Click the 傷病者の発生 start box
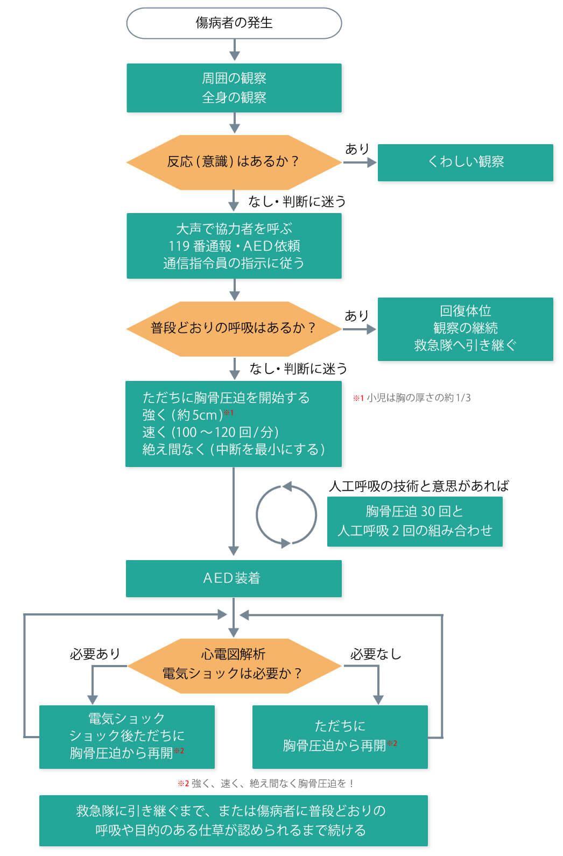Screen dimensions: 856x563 pos(234,23)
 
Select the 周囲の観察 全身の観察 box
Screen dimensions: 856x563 pos(234,88)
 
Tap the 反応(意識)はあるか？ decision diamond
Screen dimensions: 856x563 pos(234,162)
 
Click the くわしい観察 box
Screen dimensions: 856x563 pos(466,162)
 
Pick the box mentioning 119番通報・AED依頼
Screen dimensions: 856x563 pos(234,246)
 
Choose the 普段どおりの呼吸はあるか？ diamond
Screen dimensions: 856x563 pos(234,328)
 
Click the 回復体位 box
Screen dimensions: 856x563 pos(466,328)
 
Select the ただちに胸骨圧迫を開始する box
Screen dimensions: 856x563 pos(233,423)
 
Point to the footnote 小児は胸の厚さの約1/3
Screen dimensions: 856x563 pos(412,398)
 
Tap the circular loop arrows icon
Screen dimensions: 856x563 pos(286,515)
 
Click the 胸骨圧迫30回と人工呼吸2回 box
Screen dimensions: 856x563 pos(414,521)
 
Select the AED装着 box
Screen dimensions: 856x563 pos(234,578)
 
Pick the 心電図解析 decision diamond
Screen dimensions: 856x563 pos(234,665)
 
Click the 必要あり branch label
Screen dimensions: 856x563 pos(95,654)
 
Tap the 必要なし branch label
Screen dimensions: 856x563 pos(376,654)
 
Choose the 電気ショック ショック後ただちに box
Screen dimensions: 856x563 pos(127,736)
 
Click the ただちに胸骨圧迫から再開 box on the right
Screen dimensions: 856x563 pos(340,736)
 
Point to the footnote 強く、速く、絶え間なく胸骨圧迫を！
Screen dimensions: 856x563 pos(266,783)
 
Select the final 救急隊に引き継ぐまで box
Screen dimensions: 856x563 pos(234,820)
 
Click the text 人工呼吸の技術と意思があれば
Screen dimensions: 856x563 pos(419,486)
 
